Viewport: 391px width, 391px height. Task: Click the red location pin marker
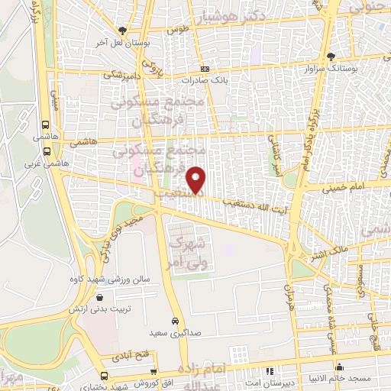coord(196,179)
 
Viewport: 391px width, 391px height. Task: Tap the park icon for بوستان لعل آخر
coord(122,31)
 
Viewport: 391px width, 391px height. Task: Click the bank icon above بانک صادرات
coord(205,69)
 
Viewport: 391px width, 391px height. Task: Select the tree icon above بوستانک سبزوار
coord(330,56)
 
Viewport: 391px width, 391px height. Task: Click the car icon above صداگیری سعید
coord(175,322)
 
